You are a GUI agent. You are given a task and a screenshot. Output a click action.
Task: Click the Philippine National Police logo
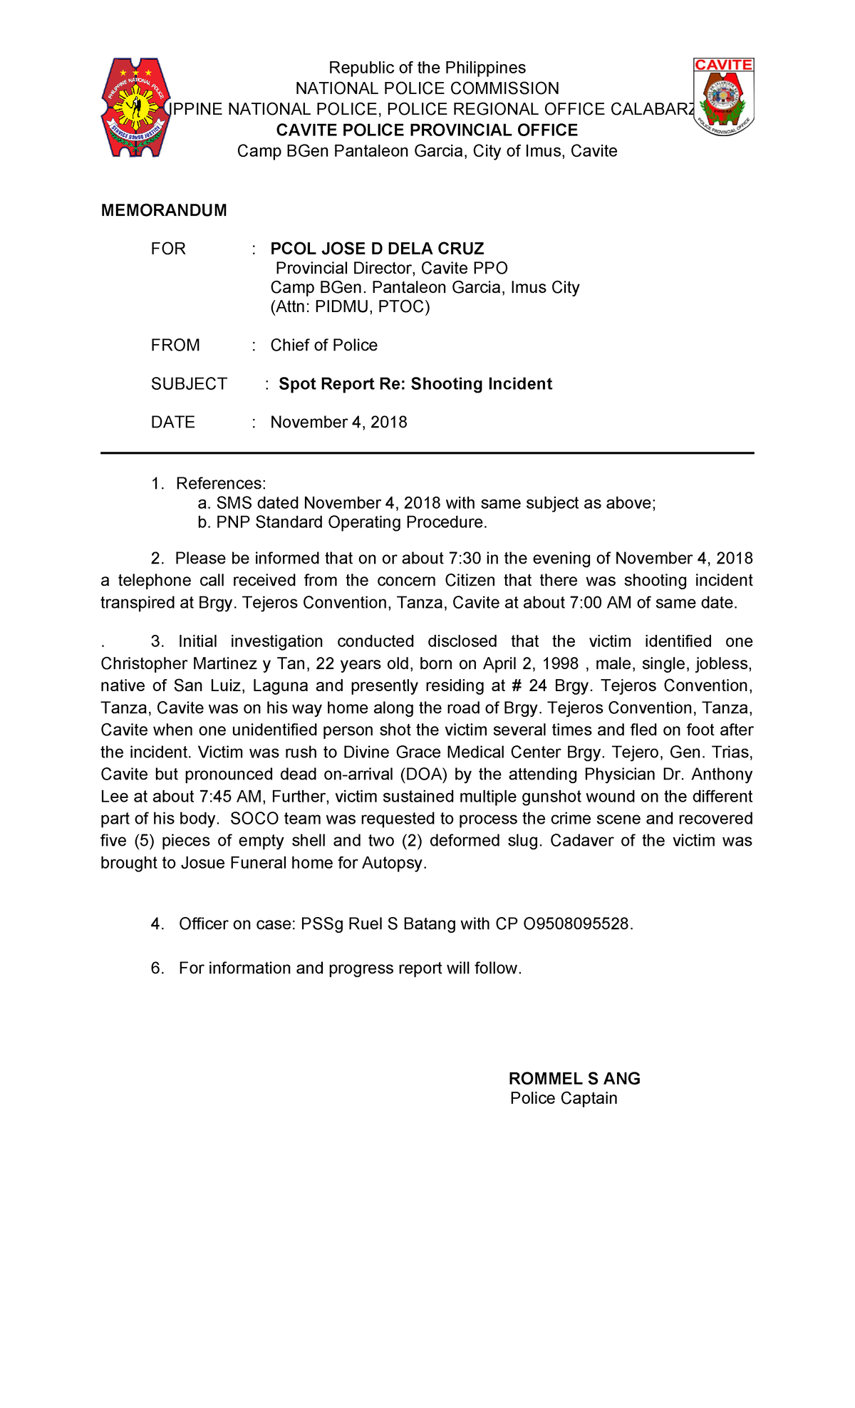pos(136,108)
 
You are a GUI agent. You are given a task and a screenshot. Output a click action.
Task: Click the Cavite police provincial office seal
pos(724,97)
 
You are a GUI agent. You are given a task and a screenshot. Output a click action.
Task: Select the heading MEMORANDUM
pos(164,210)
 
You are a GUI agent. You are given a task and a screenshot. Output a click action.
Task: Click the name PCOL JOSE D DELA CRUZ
pos(377,249)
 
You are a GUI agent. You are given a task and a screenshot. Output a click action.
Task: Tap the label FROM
pos(175,345)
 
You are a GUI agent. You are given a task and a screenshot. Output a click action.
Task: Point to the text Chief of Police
pos(323,345)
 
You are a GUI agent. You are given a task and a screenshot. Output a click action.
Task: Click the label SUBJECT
pos(189,384)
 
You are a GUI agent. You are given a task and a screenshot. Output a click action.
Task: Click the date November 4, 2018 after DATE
pos(338,423)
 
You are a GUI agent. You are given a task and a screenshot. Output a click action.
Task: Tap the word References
pos(220,484)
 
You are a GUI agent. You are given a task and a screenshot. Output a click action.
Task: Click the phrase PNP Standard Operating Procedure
pos(351,522)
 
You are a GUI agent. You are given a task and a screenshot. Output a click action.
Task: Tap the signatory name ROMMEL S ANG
pos(574,1079)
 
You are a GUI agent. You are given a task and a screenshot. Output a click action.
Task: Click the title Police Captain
pos(564,1098)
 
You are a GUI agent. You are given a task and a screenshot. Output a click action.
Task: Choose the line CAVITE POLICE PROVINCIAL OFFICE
pos(427,130)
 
